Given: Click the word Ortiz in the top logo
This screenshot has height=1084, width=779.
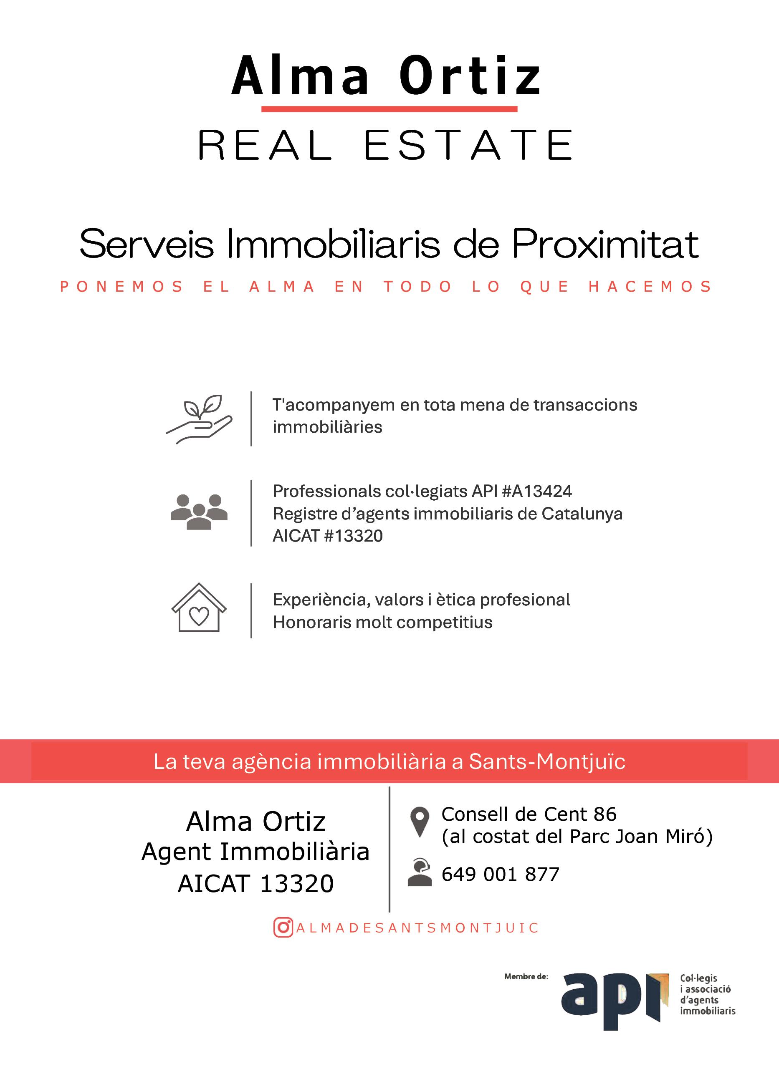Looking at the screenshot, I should point(470,76).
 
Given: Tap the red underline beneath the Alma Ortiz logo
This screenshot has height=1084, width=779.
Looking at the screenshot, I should point(389,109).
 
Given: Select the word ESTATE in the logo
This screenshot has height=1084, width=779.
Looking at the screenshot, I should point(468,145).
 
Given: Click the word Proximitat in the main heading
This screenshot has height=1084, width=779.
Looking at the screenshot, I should point(605,244).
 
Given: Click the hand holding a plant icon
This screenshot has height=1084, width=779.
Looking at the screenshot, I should point(199,419).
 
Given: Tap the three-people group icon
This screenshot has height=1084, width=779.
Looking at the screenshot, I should point(199,512).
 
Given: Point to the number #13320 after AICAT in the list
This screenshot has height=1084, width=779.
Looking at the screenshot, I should point(354,536).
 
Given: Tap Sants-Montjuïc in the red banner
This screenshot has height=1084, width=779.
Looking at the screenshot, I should point(546,761).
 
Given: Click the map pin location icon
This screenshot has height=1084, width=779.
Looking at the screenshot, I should point(420,822).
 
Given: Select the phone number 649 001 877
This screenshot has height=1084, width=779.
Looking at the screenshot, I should point(500,874).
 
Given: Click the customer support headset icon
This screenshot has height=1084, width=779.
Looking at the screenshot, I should point(420,873).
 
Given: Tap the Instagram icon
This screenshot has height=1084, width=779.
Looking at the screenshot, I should point(283,928).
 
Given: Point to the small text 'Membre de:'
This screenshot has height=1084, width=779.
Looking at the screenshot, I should point(526,976).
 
